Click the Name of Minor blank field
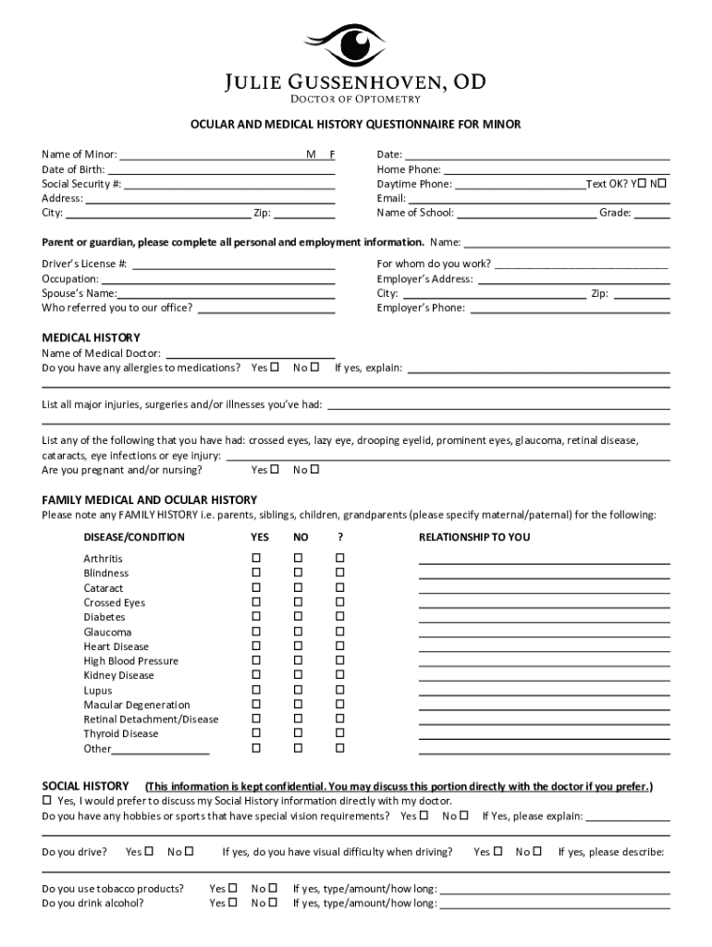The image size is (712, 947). pos(213,154)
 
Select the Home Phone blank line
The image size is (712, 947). pos(556,168)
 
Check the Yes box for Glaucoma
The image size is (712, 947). pos(256,632)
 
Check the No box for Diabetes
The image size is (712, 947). pos(298,617)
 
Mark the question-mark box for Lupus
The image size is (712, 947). pos(339,690)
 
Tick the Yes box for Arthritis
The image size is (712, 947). pos(256,559)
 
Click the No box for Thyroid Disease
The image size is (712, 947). pos(298,733)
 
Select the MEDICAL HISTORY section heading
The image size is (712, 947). pos(92,338)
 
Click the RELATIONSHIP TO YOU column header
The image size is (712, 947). pos(474,537)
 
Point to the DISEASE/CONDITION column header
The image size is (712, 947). pos(134,537)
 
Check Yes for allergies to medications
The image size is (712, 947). pos(275,367)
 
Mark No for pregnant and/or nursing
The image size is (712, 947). pos(315,469)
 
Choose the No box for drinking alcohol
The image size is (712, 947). pos(273,903)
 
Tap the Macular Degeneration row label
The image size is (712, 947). pos(137,705)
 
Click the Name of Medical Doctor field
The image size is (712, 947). pos(249,352)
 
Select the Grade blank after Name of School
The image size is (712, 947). pos(652,213)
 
